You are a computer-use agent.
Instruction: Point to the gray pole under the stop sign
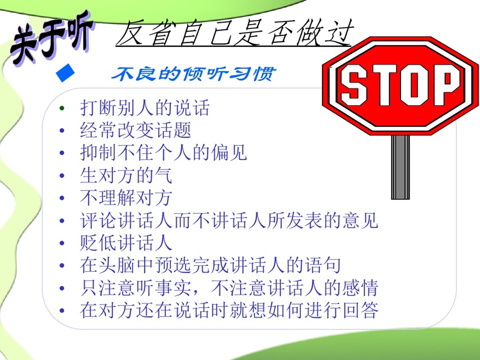tap(400, 167)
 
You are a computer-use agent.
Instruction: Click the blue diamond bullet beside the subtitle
tap(65, 73)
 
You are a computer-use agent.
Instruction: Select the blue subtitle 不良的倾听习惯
tap(193, 74)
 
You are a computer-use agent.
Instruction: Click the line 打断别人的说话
tap(145, 108)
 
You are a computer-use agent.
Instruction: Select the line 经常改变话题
tap(135, 130)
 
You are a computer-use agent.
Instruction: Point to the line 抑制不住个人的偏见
tap(163, 152)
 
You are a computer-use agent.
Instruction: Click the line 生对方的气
tap(126, 175)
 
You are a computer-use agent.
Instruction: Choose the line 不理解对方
tap(126, 198)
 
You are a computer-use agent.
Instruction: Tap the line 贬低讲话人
tap(126, 243)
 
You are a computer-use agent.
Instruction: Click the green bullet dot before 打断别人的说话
tap(62, 108)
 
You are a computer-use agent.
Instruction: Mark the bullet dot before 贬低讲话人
tap(62, 243)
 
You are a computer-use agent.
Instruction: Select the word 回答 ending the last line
tap(360, 310)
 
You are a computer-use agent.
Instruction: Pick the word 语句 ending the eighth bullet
tap(323, 265)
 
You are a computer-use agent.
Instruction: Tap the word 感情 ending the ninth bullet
tap(360, 288)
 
